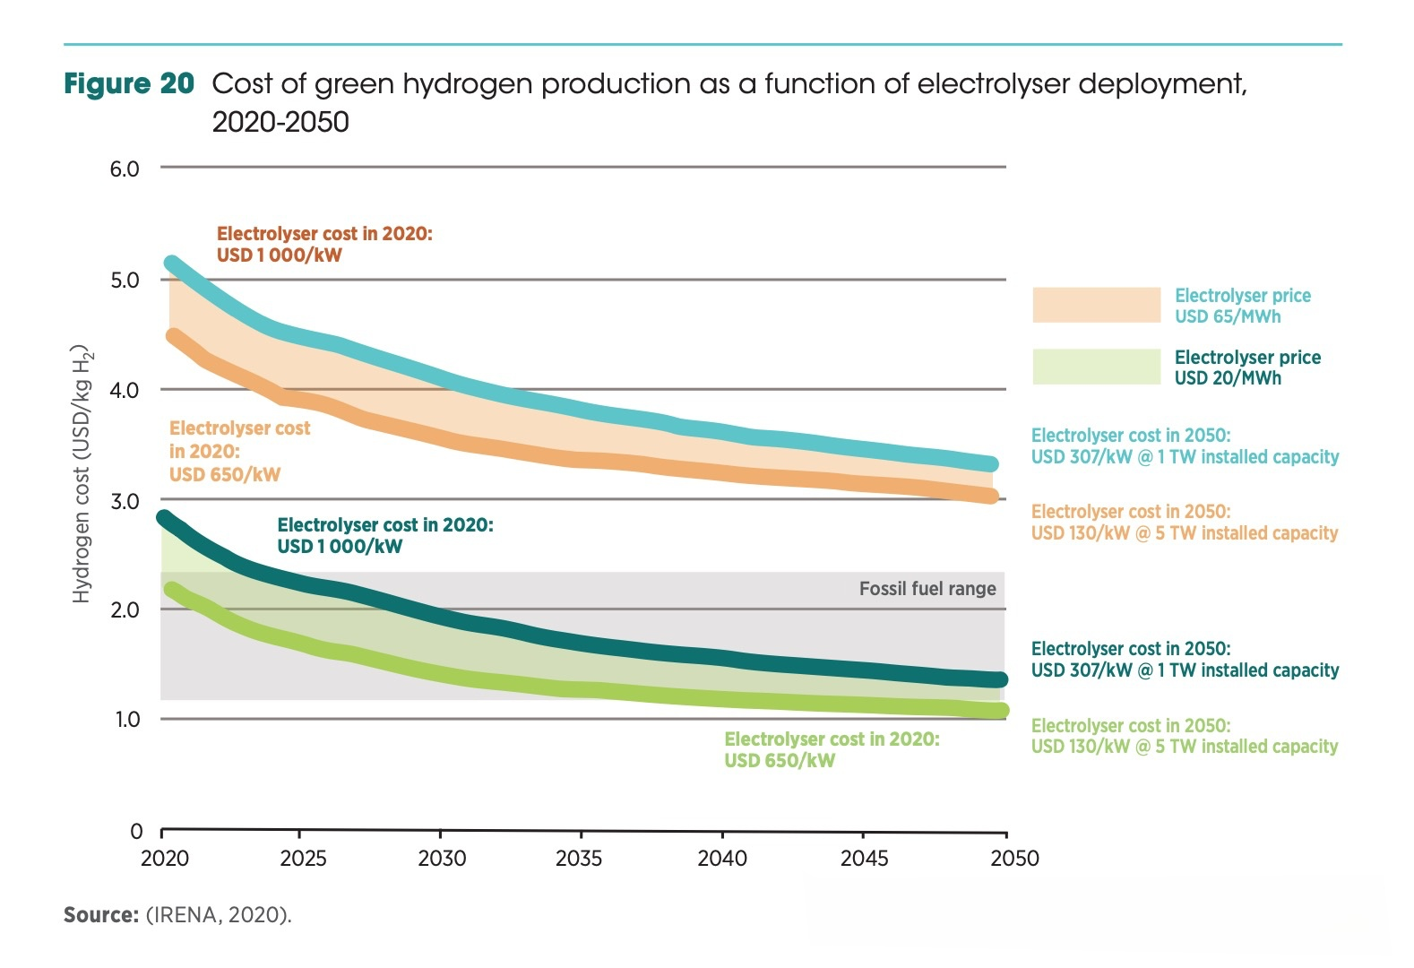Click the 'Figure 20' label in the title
tap(129, 84)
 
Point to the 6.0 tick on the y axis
tap(125, 169)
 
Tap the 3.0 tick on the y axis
tap(125, 501)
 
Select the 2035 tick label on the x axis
tap(579, 859)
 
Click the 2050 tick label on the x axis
tap(1014, 859)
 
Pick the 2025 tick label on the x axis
tap(303, 859)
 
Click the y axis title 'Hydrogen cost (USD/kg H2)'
tap(82, 473)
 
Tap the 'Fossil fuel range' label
tap(927, 589)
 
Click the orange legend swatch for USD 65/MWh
tap(1096, 305)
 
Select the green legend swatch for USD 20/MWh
tap(1096, 367)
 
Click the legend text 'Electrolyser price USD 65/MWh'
tap(1242, 306)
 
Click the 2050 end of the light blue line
tap(991, 463)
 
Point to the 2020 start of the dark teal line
tap(164, 518)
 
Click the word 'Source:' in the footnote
tap(100, 915)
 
